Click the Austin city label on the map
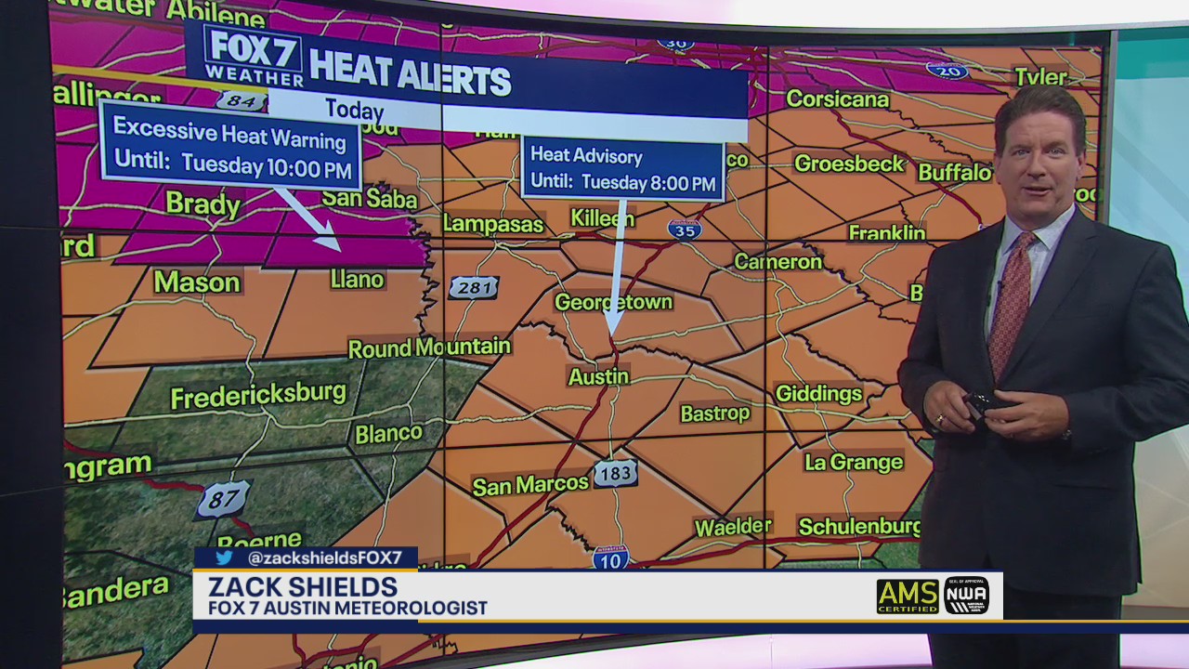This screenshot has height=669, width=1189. coord(599,376)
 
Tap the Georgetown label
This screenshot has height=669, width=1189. coord(613,302)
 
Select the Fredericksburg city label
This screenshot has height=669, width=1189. coord(258,395)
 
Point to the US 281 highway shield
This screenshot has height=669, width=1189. coord(474,287)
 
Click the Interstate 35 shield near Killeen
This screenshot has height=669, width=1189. coord(685,230)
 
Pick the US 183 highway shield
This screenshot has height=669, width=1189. coord(615,473)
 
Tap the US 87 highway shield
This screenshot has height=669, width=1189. coord(223,500)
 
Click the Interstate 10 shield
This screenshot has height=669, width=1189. coord(611,557)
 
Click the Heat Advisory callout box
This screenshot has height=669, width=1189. coord(622,170)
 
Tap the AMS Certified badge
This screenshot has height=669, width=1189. coord(908,596)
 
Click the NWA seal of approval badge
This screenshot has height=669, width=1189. coord(966,596)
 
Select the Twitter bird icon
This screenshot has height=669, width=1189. coord(224,557)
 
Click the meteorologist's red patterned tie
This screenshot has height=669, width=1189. coord(1010,302)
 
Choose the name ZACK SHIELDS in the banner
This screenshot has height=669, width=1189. coord(303,587)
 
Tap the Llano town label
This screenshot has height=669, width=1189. coord(357,279)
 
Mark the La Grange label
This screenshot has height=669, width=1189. coord(853,462)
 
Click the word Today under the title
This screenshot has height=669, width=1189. coord(354,110)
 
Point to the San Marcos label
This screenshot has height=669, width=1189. coord(530,484)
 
